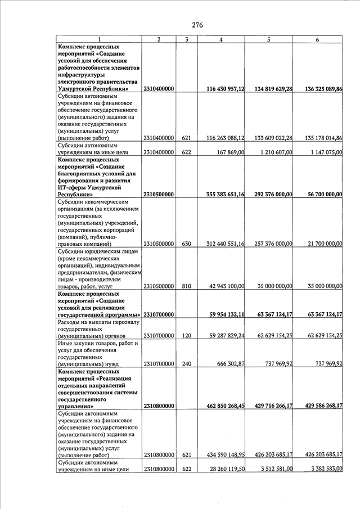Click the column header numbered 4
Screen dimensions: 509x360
221,39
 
